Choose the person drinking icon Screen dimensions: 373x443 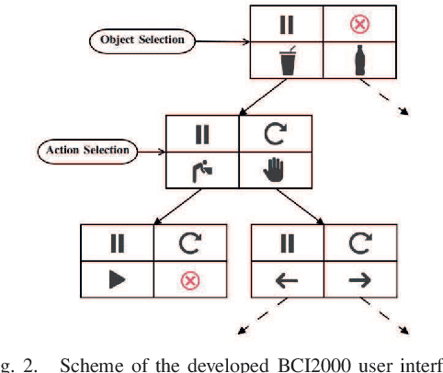[203, 170]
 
